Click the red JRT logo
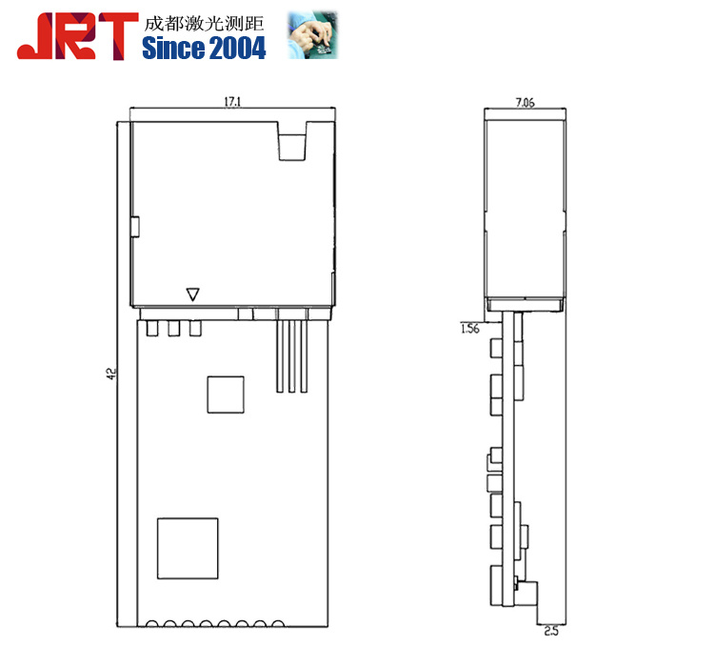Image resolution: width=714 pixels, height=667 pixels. [77, 36]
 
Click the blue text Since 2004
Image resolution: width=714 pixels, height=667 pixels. [204, 48]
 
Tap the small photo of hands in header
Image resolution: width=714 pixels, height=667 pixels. [313, 34]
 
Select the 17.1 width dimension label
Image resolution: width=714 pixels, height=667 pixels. [232, 102]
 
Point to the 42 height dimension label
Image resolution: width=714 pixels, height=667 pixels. [111, 374]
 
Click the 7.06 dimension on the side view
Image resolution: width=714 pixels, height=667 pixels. [525, 102]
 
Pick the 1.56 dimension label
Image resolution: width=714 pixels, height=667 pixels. [470, 328]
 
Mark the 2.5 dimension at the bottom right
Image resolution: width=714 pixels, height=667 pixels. [551, 631]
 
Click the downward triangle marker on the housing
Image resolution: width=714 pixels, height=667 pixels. [193, 294]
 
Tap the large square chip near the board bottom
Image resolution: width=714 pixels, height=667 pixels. [188, 549]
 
